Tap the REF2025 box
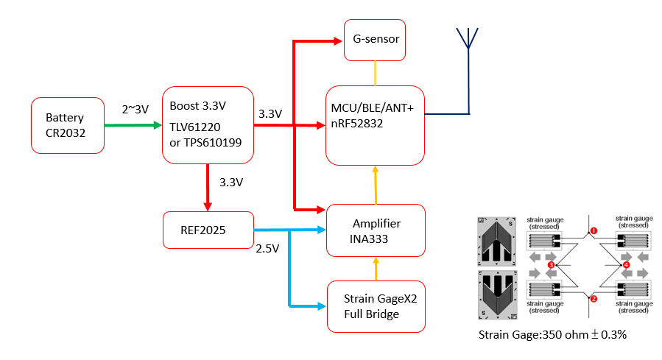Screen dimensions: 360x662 (208, 230)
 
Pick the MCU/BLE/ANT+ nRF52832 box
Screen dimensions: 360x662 (375, 126)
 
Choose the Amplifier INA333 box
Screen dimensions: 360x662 (376, 230)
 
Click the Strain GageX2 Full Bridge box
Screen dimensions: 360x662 (376, 306)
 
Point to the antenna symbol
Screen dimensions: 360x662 (467, 44)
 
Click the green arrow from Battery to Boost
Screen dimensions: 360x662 (133, 125)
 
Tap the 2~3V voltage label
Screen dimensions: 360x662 (135, 109)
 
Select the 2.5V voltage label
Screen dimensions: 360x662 (267, 249)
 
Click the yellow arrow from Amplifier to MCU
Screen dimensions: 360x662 (376, 185)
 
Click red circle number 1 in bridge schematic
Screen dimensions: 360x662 (594, 230)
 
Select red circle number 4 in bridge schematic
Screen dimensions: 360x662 (626, 264)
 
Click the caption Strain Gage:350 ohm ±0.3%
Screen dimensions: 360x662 (552, 336)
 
